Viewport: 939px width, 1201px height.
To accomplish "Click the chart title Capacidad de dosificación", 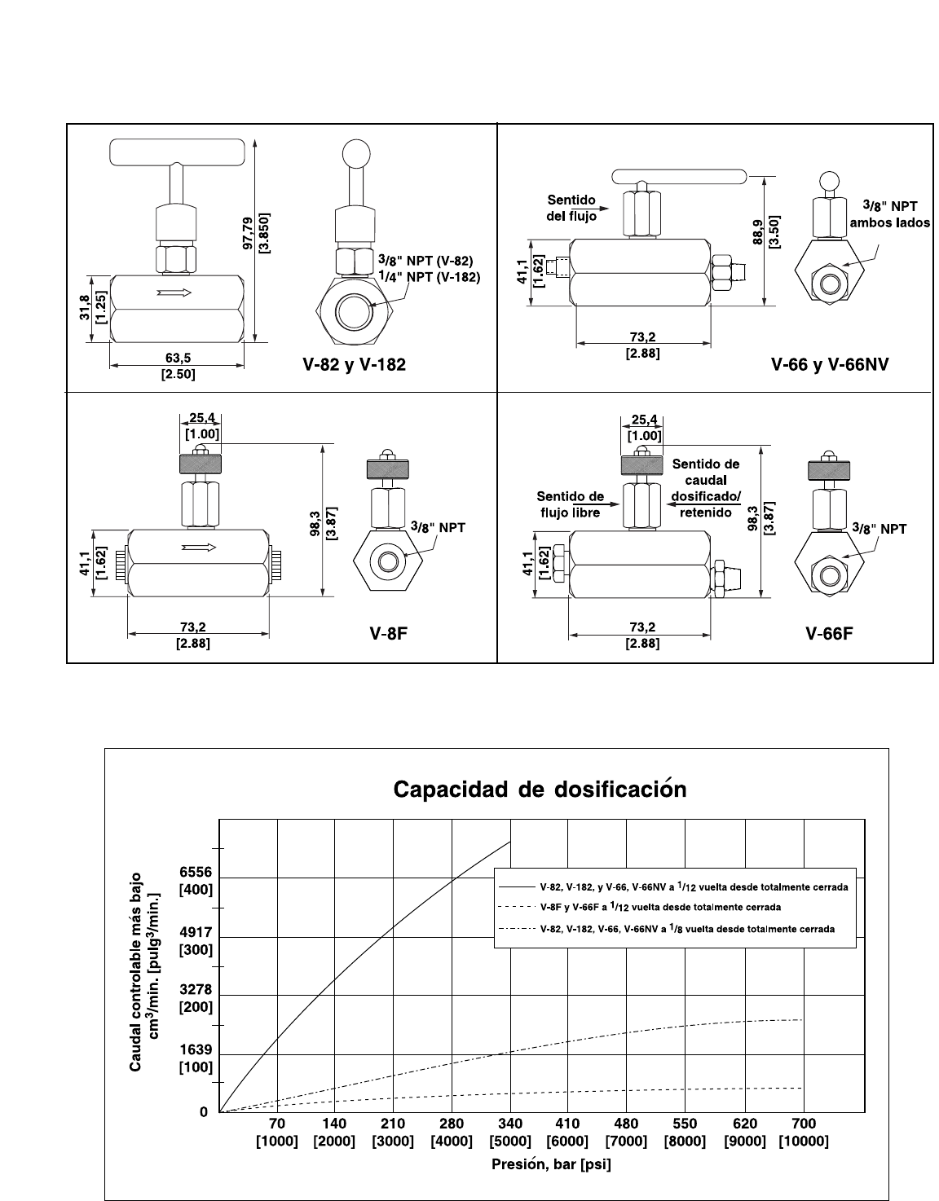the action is click(x=540, y=789).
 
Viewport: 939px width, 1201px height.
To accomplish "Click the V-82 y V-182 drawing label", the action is click(x=355, y=365).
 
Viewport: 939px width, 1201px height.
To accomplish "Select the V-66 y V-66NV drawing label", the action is click(x=830, y=365).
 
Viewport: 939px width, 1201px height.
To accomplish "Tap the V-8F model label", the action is click(x=389, y=633).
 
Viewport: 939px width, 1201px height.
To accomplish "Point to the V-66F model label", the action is click(x=829, y=633).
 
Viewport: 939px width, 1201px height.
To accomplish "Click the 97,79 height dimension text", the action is click(x=248, y=233).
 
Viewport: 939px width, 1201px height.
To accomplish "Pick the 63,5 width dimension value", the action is click(x=178, y=359).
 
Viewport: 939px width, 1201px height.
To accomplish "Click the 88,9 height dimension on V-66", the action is click(x=758, y=232).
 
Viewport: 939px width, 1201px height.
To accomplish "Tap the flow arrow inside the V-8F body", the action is click(x=199, y=548).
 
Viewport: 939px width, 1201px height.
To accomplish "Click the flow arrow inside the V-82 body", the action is click(x=174, y=293).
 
